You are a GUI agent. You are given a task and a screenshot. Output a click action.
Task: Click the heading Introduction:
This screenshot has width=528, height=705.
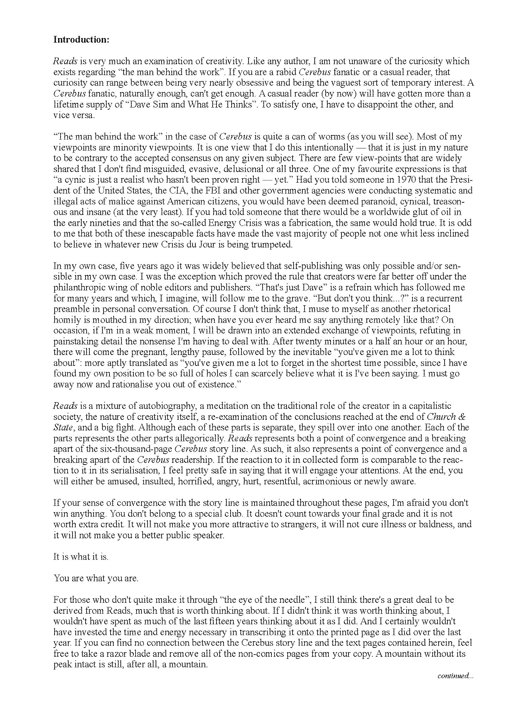click(x=81, y=39)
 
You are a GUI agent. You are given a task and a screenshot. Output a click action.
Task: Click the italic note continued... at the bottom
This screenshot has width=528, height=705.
click(x=455, y=675)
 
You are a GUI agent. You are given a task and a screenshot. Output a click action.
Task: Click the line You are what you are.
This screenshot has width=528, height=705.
click(x=96, y=578)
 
